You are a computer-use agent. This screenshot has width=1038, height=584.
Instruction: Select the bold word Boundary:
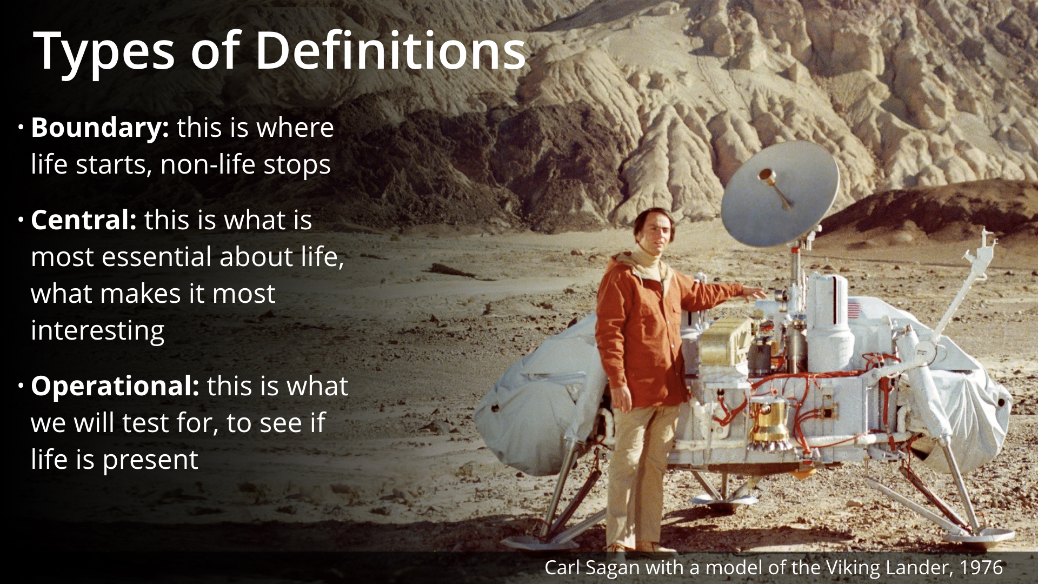point(100,129)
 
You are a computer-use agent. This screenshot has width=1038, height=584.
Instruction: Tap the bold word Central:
point(84,220)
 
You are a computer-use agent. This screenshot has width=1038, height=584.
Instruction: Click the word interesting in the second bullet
point(97,330)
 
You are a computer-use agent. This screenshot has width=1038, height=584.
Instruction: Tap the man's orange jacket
point(649,330)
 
